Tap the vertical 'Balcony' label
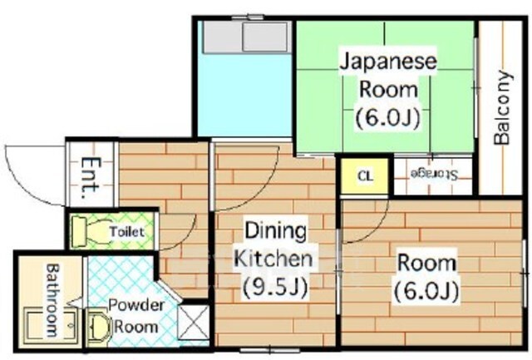[x=502, y=108]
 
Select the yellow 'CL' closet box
[x=364, y=175]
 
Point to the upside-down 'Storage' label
[x=433, y=174]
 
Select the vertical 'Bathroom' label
[x=51, y=298]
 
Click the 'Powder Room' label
[x=136, y=316]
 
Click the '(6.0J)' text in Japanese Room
[x=387, y=117]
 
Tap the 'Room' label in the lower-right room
[x=426, y=264]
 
